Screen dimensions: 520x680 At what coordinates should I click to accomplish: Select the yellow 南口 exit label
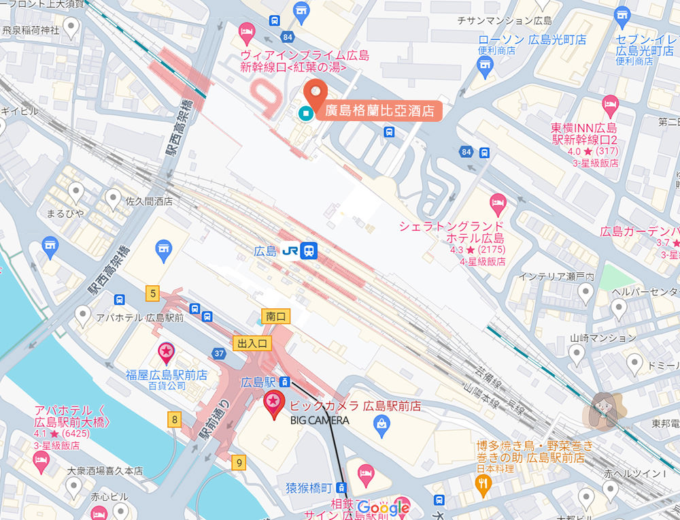pyautogui.click(x=275, y=316)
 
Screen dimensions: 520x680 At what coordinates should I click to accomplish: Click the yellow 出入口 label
pyautogui.click(x=252, y=343)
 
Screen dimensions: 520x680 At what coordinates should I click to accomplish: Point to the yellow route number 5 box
pyautogui.click(x=152, y=294)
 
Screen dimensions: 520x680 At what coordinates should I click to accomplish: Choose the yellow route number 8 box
pyautogui.click(x=175, y=419)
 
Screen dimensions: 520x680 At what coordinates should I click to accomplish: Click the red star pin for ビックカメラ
pyautogui.click(x=273, y=403)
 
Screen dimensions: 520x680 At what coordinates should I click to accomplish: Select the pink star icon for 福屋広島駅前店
pyautogui.click(x=166, y=352)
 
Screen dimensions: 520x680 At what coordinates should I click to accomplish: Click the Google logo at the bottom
pyautogui.click(x=383, y=508)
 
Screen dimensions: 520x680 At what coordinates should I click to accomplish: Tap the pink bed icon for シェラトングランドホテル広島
pyautogui.click(x=498, y=201)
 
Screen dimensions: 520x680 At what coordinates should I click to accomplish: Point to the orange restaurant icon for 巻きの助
pyautogui.click(x=483, y=483)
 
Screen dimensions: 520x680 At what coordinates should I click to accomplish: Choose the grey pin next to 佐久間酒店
pyautogui.click(x=114, y=197)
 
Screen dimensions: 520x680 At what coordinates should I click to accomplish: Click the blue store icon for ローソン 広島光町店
pyautogui.click(x=484, y=63)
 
